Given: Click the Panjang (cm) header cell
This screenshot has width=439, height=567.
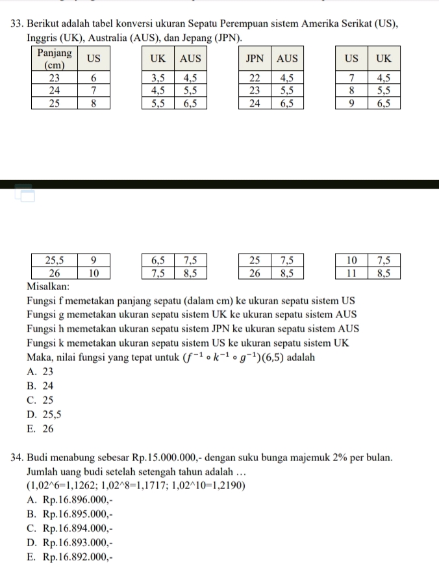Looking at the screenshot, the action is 55,59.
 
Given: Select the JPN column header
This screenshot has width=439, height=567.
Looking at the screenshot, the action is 255,59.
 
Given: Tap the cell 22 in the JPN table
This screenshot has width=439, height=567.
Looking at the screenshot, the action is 255,77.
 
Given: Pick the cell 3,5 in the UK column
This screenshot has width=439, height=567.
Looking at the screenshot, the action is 158,77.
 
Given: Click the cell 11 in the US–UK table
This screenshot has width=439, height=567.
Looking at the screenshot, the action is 351,273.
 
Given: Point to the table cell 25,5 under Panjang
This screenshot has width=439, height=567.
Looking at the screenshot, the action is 55,260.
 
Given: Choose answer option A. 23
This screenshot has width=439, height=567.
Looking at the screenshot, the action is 40,372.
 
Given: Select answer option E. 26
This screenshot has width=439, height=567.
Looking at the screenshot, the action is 40,429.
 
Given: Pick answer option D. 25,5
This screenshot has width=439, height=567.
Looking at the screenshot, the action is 44,414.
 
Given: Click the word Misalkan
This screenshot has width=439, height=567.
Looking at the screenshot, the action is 48,287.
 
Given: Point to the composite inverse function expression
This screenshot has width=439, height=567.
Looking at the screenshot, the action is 234,357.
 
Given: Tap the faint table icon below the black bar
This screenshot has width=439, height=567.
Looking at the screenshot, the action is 25,193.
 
